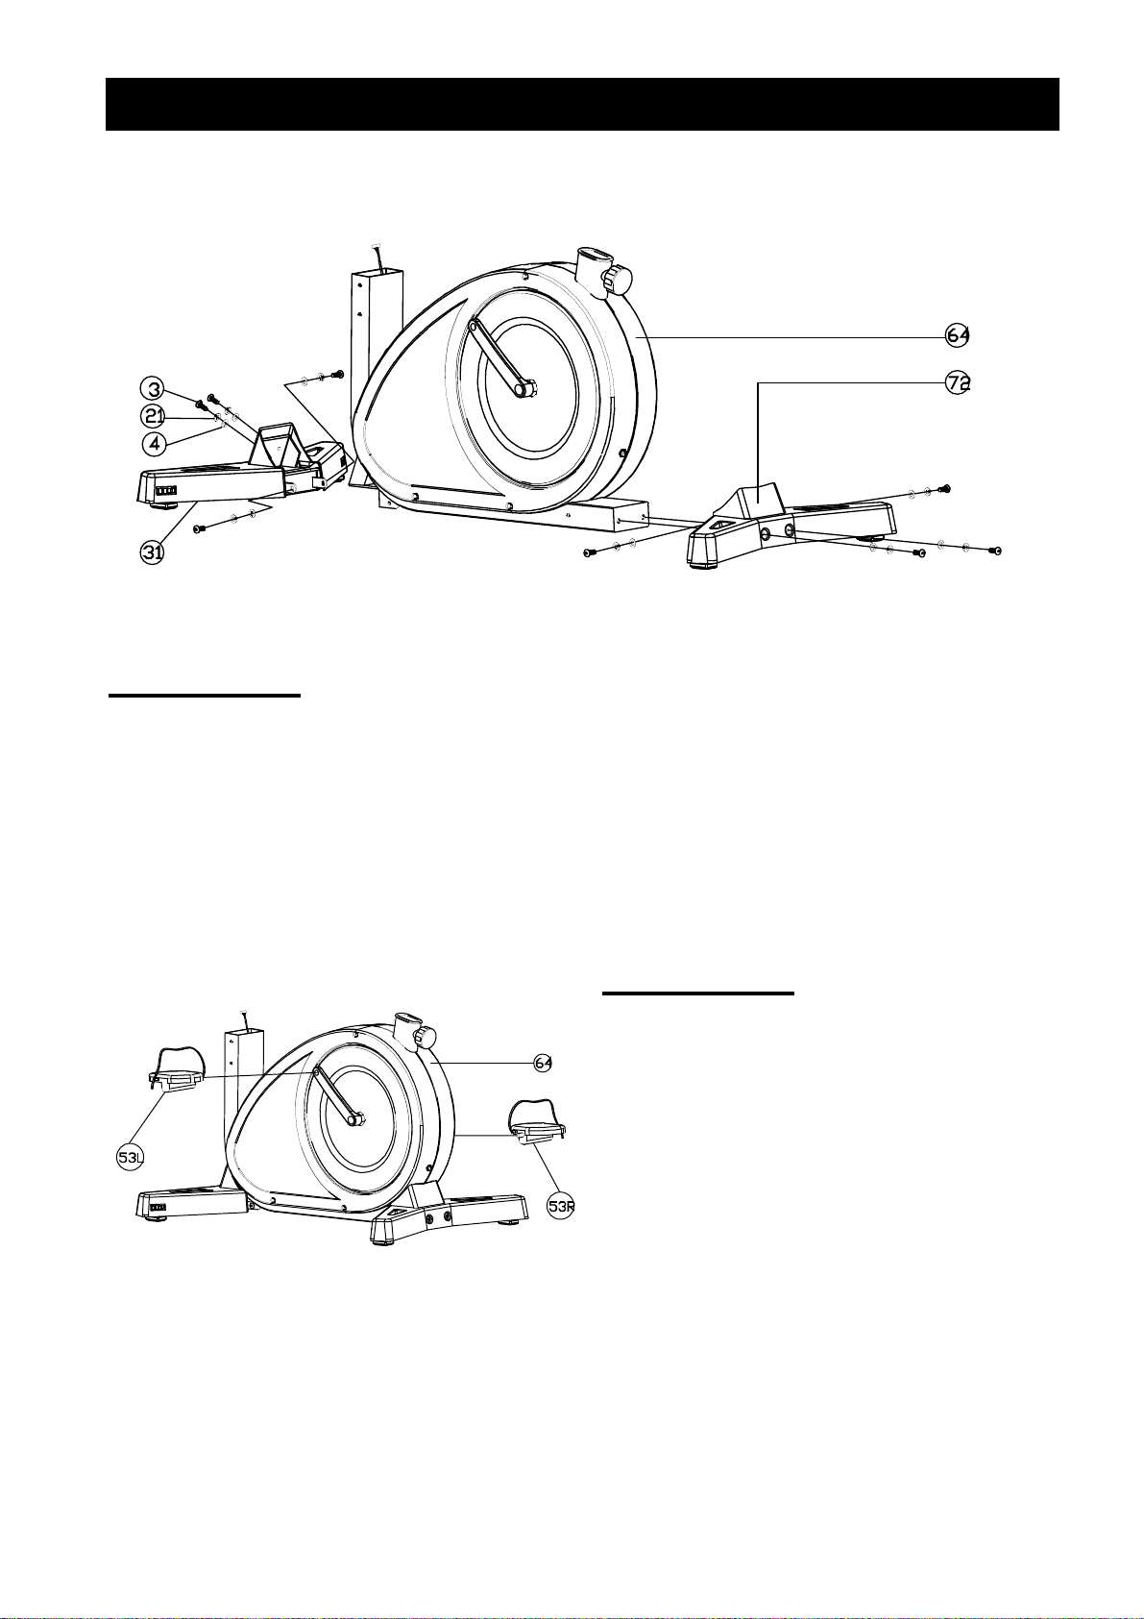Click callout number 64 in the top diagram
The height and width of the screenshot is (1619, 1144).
click(x=957, y=335)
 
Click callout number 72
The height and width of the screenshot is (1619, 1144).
click(x=957, y=382)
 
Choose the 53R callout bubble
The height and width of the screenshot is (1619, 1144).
click(x=560, y=1206)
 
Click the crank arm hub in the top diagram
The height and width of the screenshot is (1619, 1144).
click(x=526, y=389)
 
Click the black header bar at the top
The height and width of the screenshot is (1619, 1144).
click(x=581, y=104)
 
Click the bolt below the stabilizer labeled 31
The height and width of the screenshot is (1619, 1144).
click(x=200, y=528)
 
